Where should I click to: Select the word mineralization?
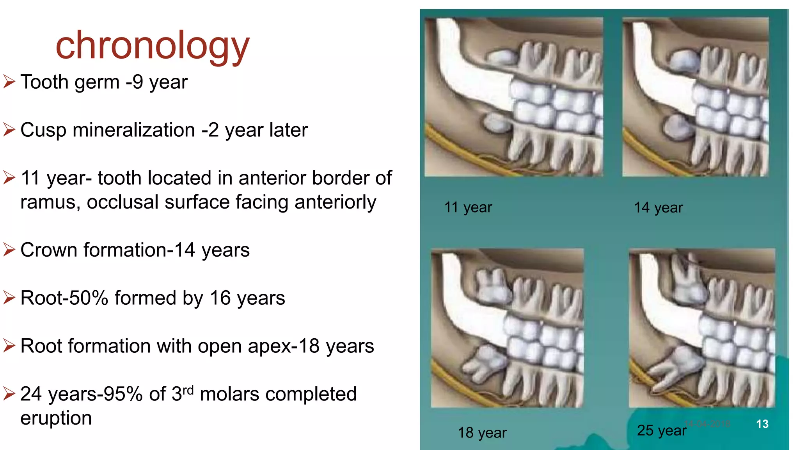tap(134, 130)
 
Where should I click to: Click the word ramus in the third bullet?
tap(50, 202)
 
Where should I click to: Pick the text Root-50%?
tap(64, 298)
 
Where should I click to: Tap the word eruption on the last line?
tap(56, 418)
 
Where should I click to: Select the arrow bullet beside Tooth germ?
tap(9, 82)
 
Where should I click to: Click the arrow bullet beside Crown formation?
tap(9, 250)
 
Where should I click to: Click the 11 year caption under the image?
tap(468, 207)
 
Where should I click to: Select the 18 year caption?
tap(482, 433)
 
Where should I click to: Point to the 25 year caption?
tap(661, 430)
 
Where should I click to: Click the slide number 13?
tap(762, 424)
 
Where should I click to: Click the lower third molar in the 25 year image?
tap(677, 365)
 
